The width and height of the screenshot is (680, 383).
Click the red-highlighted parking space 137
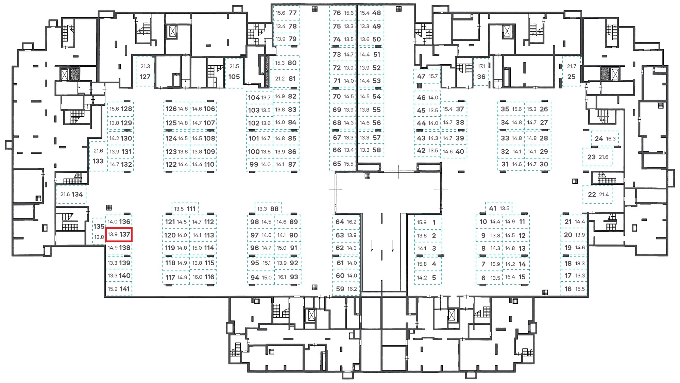click(119, 235)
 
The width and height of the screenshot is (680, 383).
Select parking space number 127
click(145, 72)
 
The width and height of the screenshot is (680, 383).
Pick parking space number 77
click(287, 13)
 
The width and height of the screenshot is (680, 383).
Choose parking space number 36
click(481, 72)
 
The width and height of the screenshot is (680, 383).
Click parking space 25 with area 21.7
click(571, 72)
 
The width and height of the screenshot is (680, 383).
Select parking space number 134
click(71, 194)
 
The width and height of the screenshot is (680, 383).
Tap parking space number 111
click(185, 209)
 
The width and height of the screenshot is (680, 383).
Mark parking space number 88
click(268, 209)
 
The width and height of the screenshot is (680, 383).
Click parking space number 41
click(498, 208)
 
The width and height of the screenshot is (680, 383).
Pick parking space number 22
click(598, 194)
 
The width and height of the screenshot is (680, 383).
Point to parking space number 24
click(605, 138)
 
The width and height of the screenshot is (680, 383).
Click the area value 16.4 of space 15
click(510, 277)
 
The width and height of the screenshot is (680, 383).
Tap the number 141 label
click(125, 289)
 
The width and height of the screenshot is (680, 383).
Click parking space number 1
click(428, 222)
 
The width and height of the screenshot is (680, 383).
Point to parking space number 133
click(98, 156)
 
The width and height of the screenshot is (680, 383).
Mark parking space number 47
click(427, 76)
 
